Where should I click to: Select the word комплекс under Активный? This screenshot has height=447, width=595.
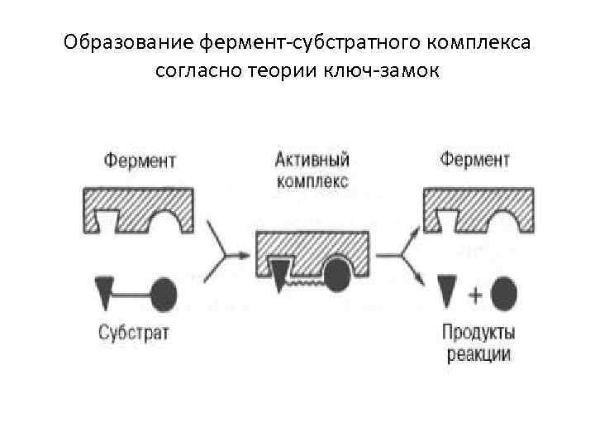tap(312, 180)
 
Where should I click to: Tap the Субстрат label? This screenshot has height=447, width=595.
tap(133, 333)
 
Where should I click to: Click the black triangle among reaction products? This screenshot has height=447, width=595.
tap(446, 292)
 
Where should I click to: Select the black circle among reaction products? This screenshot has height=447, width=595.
tap(503, 292)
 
